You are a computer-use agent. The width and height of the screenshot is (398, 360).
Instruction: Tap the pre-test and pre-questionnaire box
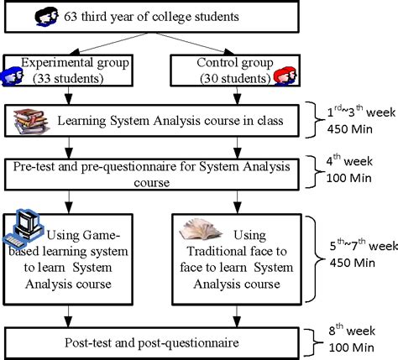coord(155,175)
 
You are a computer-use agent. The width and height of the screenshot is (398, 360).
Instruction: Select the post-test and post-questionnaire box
coord(155,342)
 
